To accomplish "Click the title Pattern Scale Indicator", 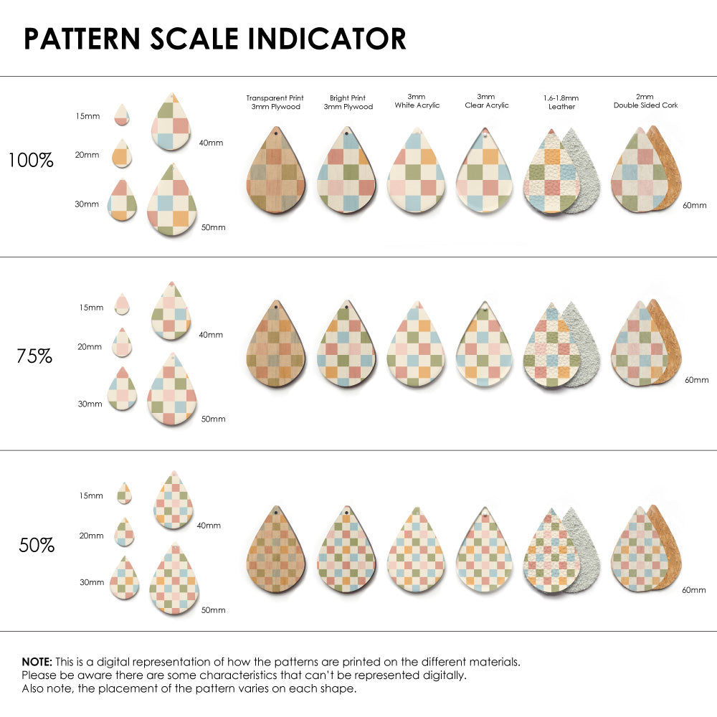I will coord(215,39).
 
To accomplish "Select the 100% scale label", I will coord(31,160).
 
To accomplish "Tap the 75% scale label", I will coord(34,356).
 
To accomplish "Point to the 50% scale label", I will coord(37,545).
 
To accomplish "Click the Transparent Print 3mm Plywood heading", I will coord(275,102).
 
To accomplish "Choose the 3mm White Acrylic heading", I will coord(417,101).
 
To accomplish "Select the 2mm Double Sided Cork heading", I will coord(645,101).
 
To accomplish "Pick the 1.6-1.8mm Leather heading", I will coord(561,102).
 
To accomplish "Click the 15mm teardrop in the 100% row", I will coord(122,115).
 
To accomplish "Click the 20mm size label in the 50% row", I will coord(92,536).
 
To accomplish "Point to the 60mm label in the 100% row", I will coord(693,205).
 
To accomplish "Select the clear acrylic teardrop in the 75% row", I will coord(486,346).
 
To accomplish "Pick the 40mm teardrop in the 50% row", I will coord(173,501).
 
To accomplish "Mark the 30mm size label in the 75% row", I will coord(89,404).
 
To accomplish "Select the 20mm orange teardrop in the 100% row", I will coord(122,153).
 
